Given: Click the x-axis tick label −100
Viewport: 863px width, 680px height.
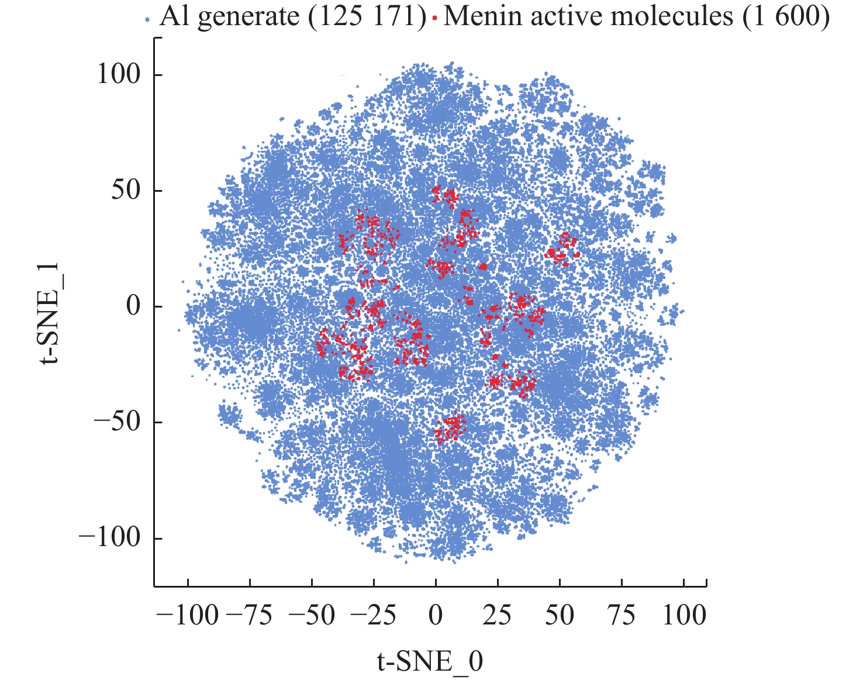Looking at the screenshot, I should [187, 616].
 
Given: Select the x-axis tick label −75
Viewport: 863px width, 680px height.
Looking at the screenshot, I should [249, 616].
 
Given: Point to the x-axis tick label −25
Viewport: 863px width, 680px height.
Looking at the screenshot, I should [373, 616].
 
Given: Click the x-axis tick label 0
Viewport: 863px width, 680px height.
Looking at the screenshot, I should [435, 616].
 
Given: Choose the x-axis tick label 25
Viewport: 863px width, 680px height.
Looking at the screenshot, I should [498, 616].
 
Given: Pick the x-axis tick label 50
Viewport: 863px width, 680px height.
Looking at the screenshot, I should [560, 616].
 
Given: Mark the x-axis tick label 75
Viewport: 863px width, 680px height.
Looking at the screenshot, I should [622, 616].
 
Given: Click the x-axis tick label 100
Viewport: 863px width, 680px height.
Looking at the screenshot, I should [684, 616].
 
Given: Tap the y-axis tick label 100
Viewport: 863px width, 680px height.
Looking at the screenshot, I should [119, 75].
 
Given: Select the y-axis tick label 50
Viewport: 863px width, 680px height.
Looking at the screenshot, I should [127, 191].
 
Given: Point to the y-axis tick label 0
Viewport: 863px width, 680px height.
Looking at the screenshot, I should [134, 306].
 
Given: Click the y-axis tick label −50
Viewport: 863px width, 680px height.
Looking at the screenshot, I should [118, 422].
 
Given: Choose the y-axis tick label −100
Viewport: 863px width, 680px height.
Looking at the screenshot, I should [110, 538].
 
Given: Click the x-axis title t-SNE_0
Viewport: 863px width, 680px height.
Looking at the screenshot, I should [430, 661].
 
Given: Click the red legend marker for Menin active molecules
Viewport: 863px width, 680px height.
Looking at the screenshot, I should [434, 20].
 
